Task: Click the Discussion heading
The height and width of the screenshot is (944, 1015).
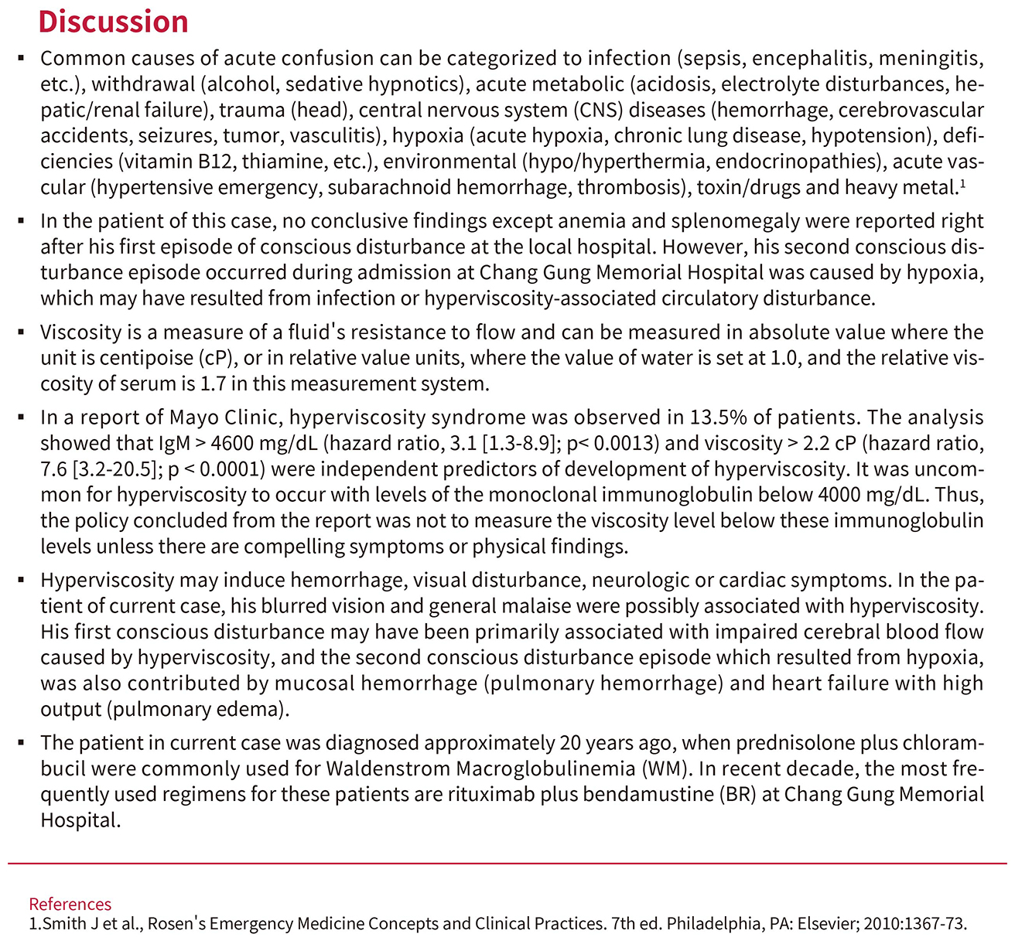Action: [114, 22]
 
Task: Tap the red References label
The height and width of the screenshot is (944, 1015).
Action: [70, 904]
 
